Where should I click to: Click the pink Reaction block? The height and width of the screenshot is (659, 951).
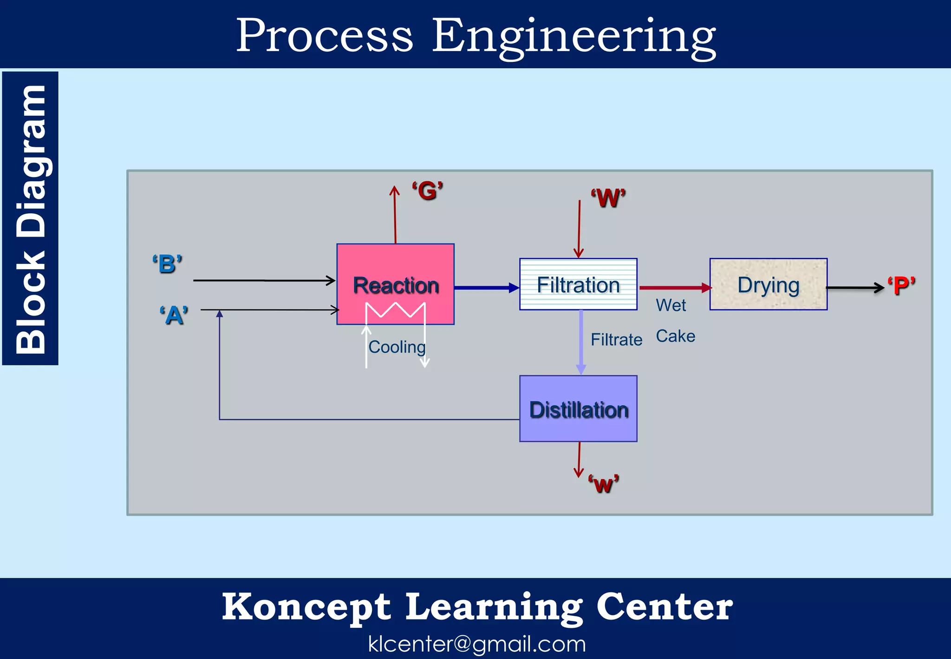(x=395, y=270)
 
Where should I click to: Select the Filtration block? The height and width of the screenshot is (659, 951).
(x=578, y=284)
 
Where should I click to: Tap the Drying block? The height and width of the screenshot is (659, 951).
(x=769, y=284)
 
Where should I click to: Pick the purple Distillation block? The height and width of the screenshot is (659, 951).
(x=578, y=409)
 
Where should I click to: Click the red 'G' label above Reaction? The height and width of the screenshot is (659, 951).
(x=428, y=191)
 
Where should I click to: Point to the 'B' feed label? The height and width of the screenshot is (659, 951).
(x=168, y=264)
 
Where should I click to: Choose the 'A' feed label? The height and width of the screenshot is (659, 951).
(x=174, y=316)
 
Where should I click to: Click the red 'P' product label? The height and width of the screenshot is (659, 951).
(x=901, y=285)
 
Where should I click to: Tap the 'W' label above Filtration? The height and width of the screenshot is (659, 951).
(x=608, y=198)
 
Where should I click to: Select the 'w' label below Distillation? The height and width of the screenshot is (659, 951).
(x=604, y=484)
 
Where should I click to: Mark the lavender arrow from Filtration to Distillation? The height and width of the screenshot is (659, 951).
(x=581, y=342)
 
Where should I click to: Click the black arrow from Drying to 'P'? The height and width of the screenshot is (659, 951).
(x=855, y=288)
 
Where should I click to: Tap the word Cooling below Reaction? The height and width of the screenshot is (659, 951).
(x=397, y=347)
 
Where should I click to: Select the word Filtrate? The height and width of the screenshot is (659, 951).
(x=616, y=340)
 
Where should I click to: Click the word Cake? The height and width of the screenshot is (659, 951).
(x=675, y=336)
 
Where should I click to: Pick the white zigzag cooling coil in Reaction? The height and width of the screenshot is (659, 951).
(x=396, y=310)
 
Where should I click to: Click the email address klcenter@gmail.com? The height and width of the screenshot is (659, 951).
(x=477, y=644)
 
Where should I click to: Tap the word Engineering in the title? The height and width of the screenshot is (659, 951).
(x=574, y=36)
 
